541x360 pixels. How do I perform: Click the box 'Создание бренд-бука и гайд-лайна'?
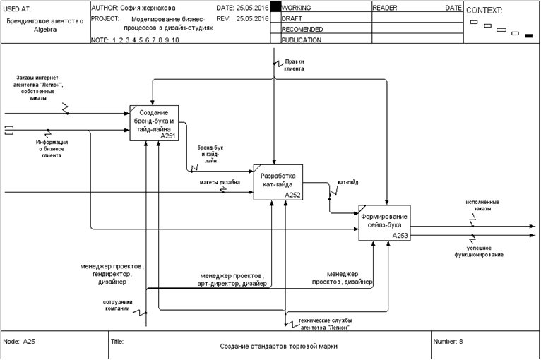pos(153,123)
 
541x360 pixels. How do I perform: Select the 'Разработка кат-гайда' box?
pos(278,182)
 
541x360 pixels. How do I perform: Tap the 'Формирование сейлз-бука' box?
pos(383,222)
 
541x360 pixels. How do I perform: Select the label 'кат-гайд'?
pos(347,181)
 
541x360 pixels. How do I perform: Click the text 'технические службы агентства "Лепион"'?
pos(323,324)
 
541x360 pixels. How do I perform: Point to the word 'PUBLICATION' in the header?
pos(302,40)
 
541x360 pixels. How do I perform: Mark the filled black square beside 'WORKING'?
pos(275,6)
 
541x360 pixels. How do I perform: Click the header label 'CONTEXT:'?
pos(484,11)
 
